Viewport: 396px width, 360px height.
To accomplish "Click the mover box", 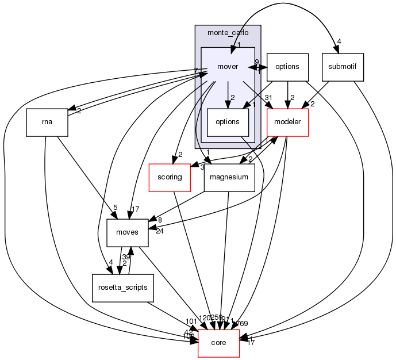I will point(228,67).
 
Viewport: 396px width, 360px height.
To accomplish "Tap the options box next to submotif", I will point(287,67).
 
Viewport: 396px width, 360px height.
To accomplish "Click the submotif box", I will point(343,67).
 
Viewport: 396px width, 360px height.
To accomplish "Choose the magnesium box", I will point(229,177).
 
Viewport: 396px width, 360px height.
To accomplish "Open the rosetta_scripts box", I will point(122,286).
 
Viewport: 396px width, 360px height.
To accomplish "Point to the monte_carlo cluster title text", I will point(228,34).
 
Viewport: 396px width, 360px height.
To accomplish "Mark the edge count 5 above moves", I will point(115,208).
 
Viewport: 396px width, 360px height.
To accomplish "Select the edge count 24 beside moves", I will point(159,232).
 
